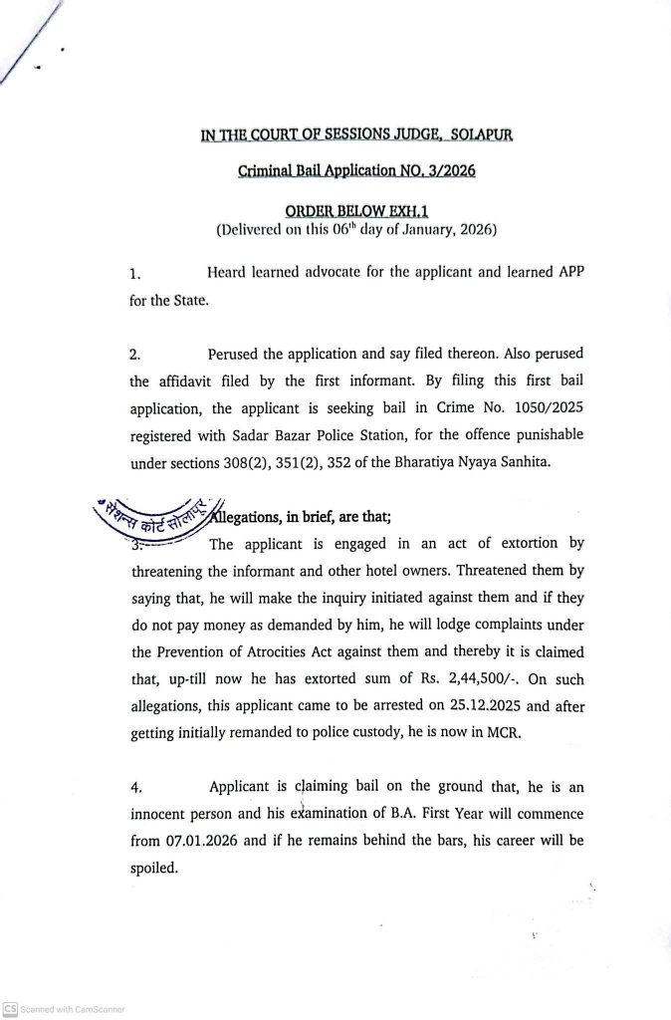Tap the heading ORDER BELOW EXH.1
(x=355, y=211)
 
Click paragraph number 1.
(x=135, y=272)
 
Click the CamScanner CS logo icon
(x=10, y=1008)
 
